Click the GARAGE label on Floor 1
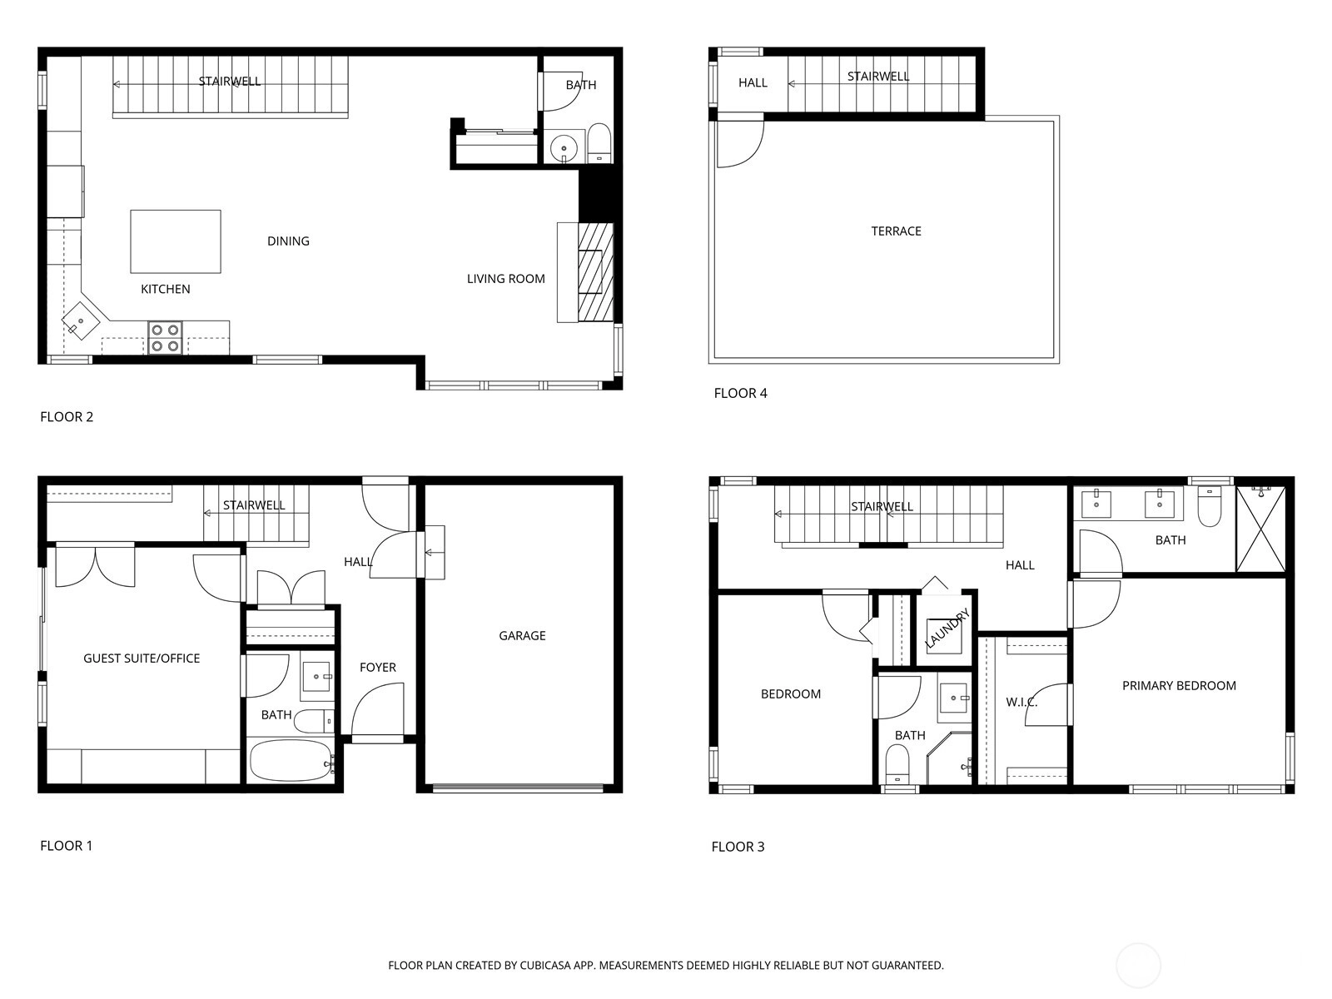pos(522,636)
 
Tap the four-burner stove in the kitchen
pos(165,338)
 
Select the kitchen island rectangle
pos(176,241)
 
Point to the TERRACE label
pos(896,231)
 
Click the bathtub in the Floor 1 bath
pos(291,760)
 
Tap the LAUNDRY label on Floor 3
pos(947,629)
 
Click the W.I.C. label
pos(1021,703)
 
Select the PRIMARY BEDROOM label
pos(1179,685)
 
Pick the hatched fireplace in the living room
pos(595,271)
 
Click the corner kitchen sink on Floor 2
pos(81,321)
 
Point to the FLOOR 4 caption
pos(740,393)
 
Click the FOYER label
pos(377,667)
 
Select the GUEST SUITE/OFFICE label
pos(142,659)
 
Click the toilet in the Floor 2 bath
pos(599,144)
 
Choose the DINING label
pos(288,241)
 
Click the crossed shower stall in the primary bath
pos(1260,529)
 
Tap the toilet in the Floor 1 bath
pos(314,722)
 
